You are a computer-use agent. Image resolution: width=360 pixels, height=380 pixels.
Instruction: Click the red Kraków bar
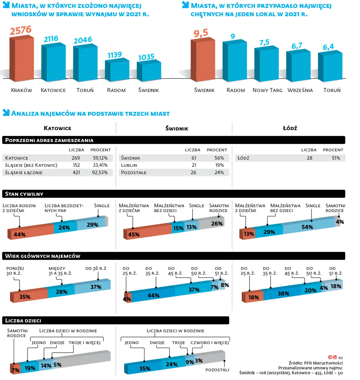[x=22, y=59]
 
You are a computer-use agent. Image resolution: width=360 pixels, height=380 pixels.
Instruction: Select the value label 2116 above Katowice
[x=51, y=39]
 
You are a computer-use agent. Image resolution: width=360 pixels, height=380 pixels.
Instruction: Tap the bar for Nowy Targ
[x=266, y=64]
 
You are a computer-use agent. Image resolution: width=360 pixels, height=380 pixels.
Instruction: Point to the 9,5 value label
[x=201, y=33]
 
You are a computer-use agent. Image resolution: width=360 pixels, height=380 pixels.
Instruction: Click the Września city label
[x=300, y=90]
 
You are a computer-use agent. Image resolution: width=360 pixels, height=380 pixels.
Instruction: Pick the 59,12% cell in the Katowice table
[x=100, y=158]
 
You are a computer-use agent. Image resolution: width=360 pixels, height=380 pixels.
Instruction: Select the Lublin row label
[x=129, y=165]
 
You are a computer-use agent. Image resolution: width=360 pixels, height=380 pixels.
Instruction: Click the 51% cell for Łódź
[x=336, y=158]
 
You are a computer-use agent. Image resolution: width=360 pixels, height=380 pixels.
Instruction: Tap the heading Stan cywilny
[x=24, y=194]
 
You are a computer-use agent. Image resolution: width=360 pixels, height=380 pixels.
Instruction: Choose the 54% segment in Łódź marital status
[x=307, y=227]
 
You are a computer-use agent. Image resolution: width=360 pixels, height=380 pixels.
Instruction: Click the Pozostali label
[x=217, y=370]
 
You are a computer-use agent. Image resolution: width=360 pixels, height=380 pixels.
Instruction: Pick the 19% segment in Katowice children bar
[x=30, y=368]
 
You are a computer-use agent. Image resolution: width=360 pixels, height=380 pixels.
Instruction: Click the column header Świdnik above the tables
[x=177, y=128]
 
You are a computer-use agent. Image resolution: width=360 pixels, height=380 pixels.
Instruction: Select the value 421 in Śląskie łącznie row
[x=76, y=172]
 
